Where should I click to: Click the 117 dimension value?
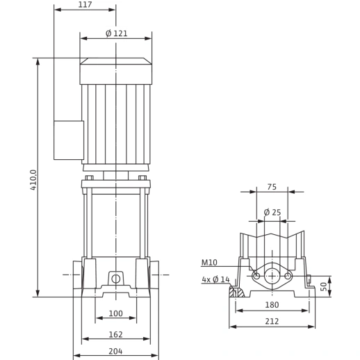point(85,4)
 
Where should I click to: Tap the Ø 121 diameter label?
point(117,33)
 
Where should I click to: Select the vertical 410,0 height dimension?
point(33,180)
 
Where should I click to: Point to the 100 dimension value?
point(115,313)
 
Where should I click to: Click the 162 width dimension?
point(115,334)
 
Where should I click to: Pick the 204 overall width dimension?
point(115,352)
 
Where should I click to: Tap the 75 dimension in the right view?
point(272,187)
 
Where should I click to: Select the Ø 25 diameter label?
point(272,212)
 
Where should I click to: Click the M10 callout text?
point(209,263)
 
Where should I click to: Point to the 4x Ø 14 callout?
point(215,279)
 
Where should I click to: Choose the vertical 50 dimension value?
point(325,286)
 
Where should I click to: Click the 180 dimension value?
point(272,305)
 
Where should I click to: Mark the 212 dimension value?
point(272,321)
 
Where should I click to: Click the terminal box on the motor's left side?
point(69,140)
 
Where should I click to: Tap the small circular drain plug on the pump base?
point(116,279)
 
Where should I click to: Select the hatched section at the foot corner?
point(236,292)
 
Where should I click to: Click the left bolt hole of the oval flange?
point(256,276)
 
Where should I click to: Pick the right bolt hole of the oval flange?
point(288,276)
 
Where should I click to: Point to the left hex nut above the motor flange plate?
point(89,178)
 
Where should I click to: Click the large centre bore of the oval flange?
point(272,276)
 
